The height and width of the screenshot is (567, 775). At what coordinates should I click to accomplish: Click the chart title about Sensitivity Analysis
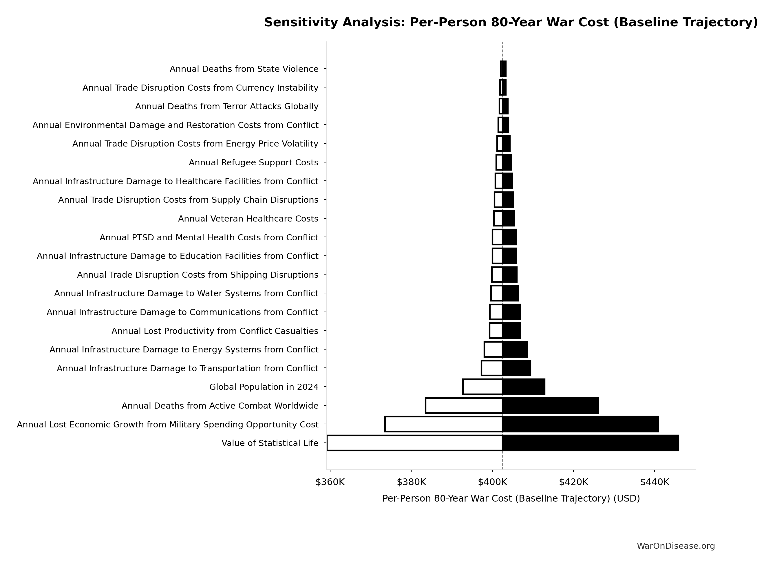click(x=511, y=22)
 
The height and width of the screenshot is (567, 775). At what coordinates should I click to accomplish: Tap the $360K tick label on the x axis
click(x=330, y=482)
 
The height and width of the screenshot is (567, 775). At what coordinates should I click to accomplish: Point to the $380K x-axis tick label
click(x=411, y=482)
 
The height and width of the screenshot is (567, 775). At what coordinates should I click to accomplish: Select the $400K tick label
click(x=492, y=482)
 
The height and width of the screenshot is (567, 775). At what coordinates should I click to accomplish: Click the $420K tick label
click(x=573, y=482)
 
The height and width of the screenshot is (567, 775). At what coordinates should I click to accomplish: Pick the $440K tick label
click(x=655, y=482)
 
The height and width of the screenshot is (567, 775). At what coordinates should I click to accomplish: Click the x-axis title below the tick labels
click(x=511, y=498)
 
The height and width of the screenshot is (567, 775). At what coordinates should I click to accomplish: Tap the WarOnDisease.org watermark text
click(x=675, y=546)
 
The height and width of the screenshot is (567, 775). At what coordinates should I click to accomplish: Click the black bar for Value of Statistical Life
click(x=590, y=443)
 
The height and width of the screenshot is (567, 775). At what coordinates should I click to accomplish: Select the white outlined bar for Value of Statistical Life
click(x=415, y=443)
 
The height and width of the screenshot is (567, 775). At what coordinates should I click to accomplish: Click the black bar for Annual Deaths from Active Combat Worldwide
click(x=550, y=406)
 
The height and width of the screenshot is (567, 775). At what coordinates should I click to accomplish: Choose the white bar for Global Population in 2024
click(x=482, y=387)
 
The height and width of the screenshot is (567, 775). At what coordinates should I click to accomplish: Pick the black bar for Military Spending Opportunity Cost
click(x=580, y=424)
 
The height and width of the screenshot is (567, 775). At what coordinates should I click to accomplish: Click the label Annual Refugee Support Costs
click(x=253, y=162)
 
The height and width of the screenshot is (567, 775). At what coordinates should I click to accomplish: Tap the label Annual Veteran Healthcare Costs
click(x=248, y=219)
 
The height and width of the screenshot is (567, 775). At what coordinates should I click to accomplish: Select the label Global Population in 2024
click(x=264, y=387)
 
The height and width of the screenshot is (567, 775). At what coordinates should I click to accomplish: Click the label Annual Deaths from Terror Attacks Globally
click(x=226, y=106)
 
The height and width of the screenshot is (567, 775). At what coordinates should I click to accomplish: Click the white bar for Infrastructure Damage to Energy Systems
click(x=493, y=350)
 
